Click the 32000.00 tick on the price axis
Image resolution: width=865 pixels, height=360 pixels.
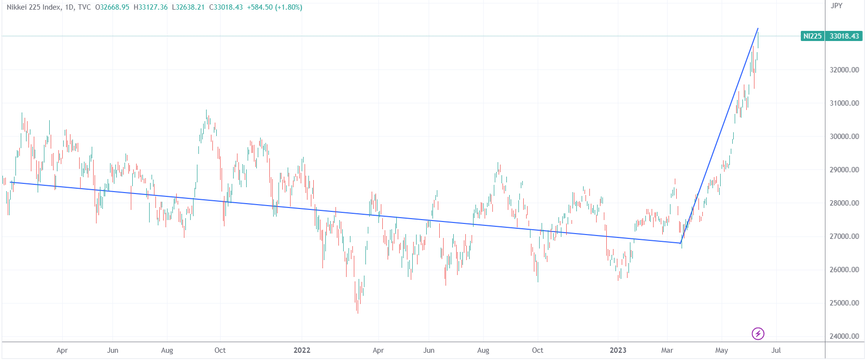pos(844,70)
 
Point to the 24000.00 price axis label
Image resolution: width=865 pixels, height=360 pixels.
pos(844,336)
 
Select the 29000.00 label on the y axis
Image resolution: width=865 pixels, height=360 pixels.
pos(844,170)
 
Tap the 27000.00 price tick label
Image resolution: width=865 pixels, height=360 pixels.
pos(844,236)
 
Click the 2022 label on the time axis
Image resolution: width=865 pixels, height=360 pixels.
pos(302,350)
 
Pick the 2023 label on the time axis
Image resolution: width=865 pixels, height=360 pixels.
pos(618,350)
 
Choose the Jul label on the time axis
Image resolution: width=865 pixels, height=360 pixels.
pos(776,350)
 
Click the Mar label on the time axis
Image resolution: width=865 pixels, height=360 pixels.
pos(667,350)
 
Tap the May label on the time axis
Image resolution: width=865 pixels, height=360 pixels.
pos(722,350)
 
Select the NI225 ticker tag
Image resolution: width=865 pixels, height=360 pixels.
pos(812,36)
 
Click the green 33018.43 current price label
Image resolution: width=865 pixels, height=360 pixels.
pos(844,36)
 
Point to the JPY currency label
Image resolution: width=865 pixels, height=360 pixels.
pos(837,6)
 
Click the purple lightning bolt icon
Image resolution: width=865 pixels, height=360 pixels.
pos(758,333)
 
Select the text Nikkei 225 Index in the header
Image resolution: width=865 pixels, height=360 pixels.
pos(34,7)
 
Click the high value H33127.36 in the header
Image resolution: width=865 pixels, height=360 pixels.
pos(151,7)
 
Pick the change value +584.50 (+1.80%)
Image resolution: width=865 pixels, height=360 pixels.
pos(275,7)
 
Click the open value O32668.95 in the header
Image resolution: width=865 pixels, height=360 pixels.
pos(112,7)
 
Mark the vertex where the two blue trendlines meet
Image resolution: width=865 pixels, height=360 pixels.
pos(681,243)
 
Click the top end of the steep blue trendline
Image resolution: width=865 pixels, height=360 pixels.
pos(758,28)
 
